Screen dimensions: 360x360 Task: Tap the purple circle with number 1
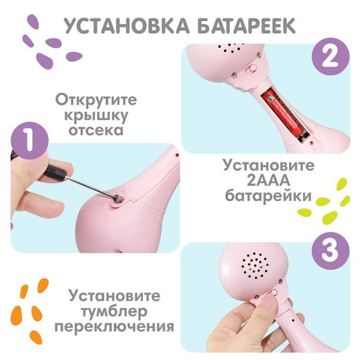click(x=26, y=143)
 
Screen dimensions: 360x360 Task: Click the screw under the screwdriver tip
click(x=115, y=200)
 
